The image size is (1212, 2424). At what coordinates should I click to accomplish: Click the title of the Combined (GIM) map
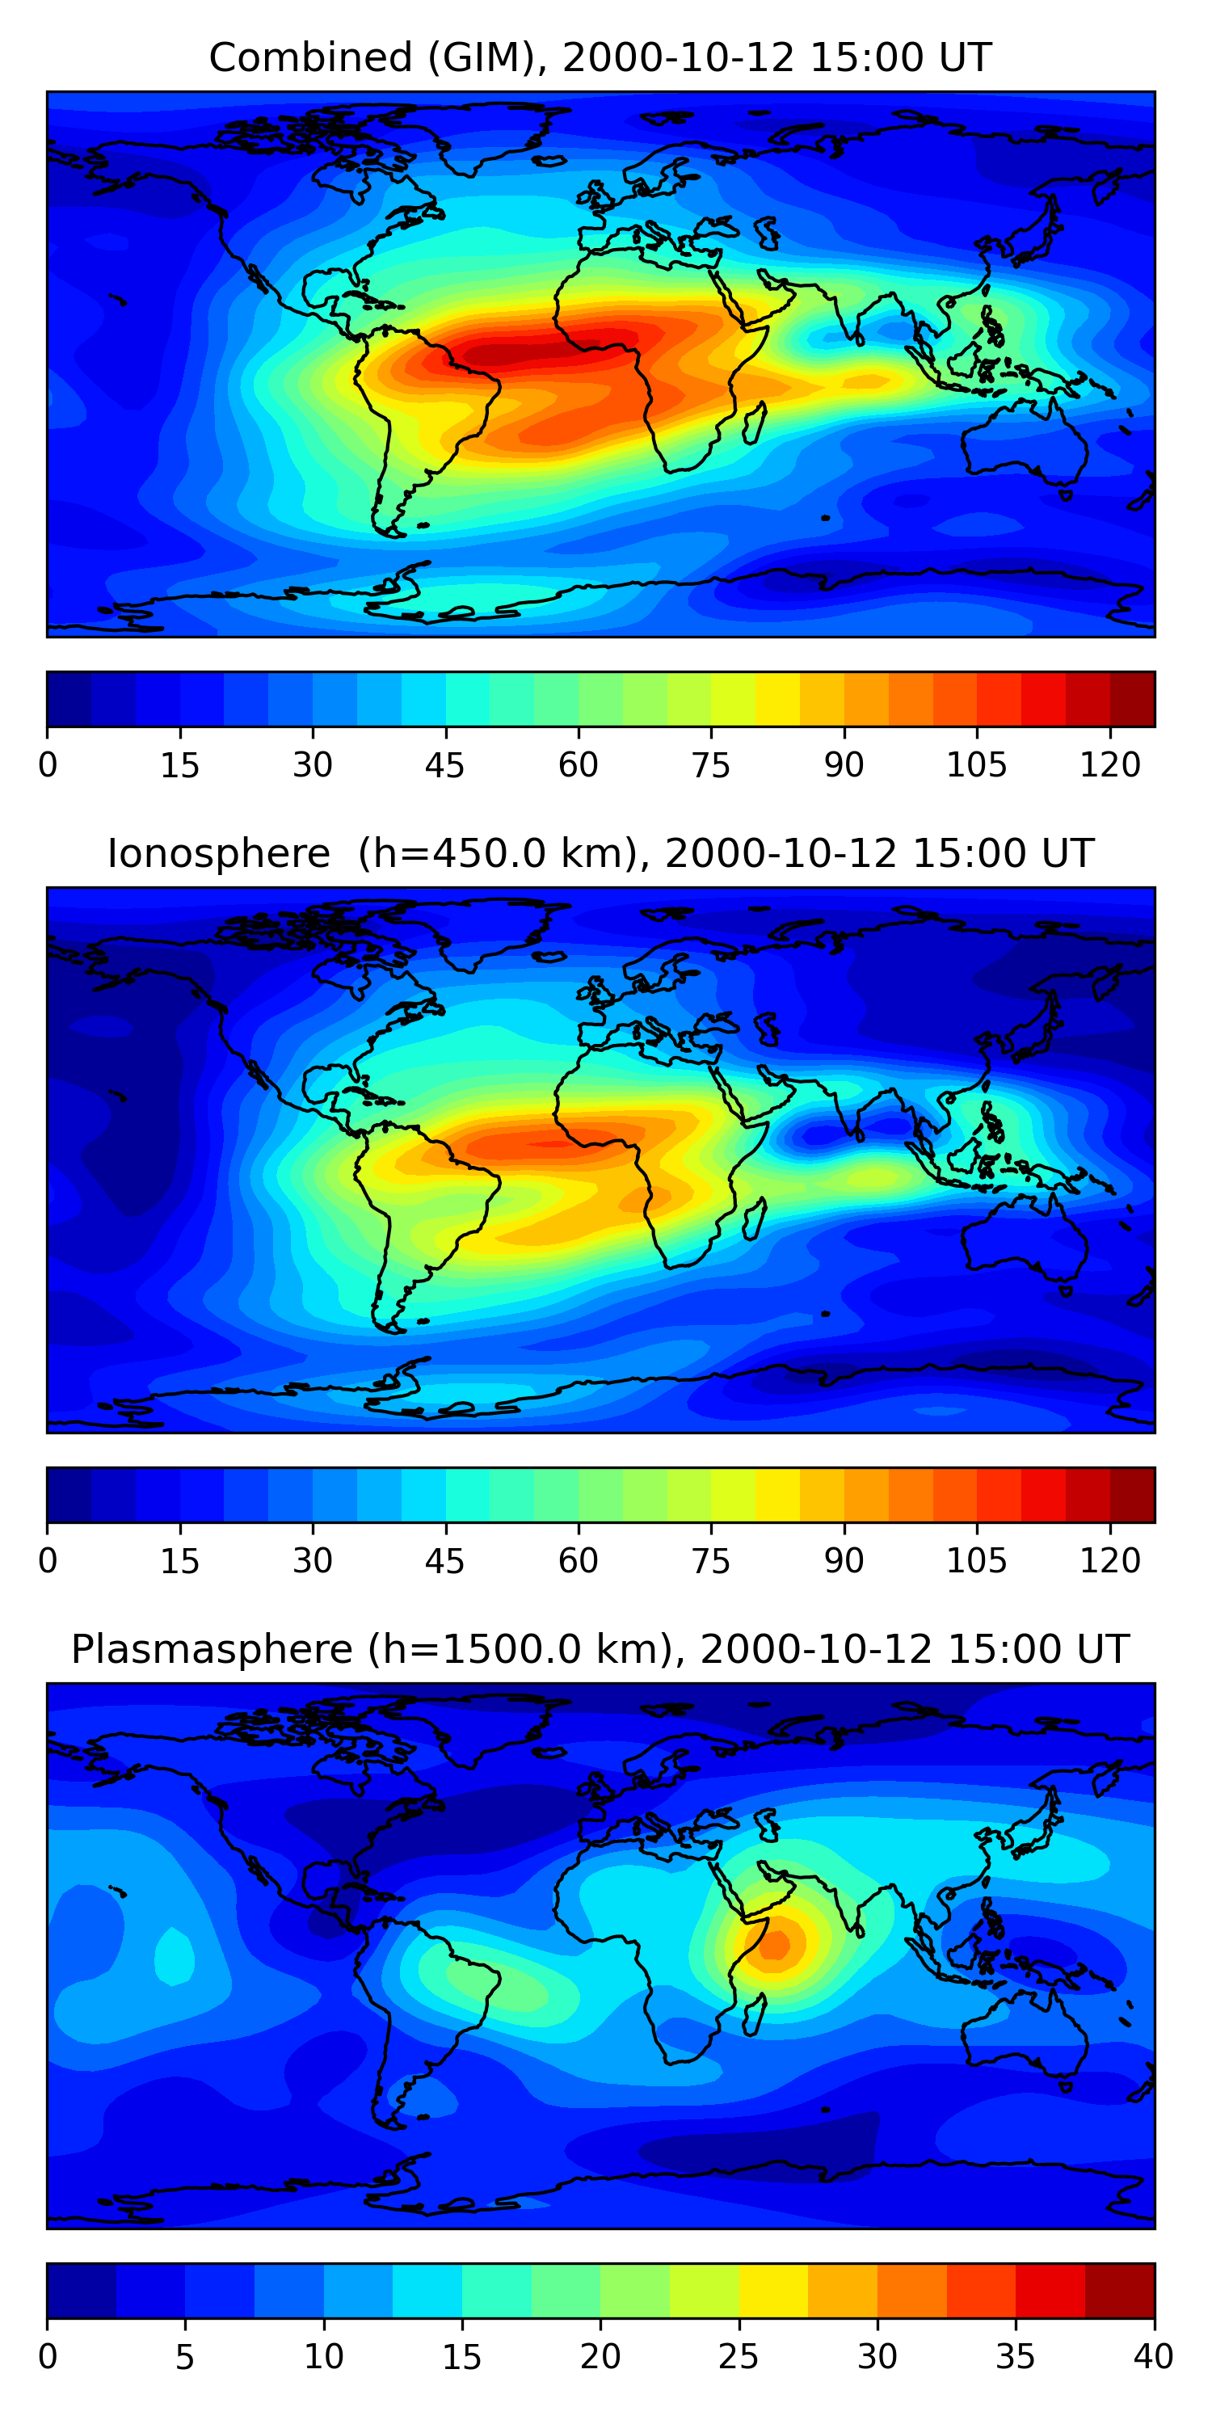pos(600,57)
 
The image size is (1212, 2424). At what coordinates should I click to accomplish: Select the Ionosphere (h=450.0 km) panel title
pos(600,853)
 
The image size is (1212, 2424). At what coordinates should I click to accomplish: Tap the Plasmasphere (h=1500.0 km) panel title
pos(600,1650)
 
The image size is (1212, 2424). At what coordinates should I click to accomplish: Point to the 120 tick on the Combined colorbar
pos(1110,765)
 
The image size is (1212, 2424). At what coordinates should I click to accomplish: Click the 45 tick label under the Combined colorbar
pos(445,765)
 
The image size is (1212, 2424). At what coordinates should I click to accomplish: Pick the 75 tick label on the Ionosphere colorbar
pos(711,1561)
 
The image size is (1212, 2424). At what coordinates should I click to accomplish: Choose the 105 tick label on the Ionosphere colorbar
pos(977,1561)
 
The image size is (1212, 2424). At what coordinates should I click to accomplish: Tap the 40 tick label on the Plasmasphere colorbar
pos(1154,2357)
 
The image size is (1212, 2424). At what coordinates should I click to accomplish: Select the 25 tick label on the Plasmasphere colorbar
pos(739,2357)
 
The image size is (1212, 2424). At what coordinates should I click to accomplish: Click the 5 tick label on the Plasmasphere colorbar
pos(185,2357)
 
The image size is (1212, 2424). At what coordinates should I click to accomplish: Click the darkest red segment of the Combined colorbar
pos(1132,699)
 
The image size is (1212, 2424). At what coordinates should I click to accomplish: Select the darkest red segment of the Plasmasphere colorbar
pos(1120,2291)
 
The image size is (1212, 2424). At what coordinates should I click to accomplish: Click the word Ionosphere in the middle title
pos(219,853)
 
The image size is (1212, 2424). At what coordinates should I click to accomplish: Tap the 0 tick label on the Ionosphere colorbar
pos(48,1561)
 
